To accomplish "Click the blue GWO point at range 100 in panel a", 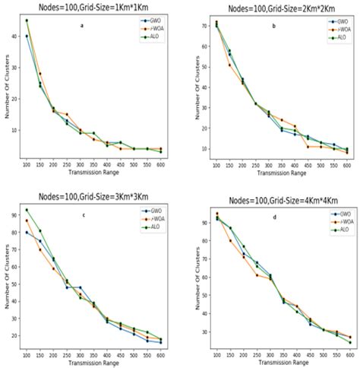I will click(x=27, y=36).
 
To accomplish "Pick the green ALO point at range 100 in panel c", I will click(x=27, y=210).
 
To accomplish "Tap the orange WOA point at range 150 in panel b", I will click(x=229, y=65).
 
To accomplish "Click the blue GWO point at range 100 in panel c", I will click(x=27, y=232).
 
